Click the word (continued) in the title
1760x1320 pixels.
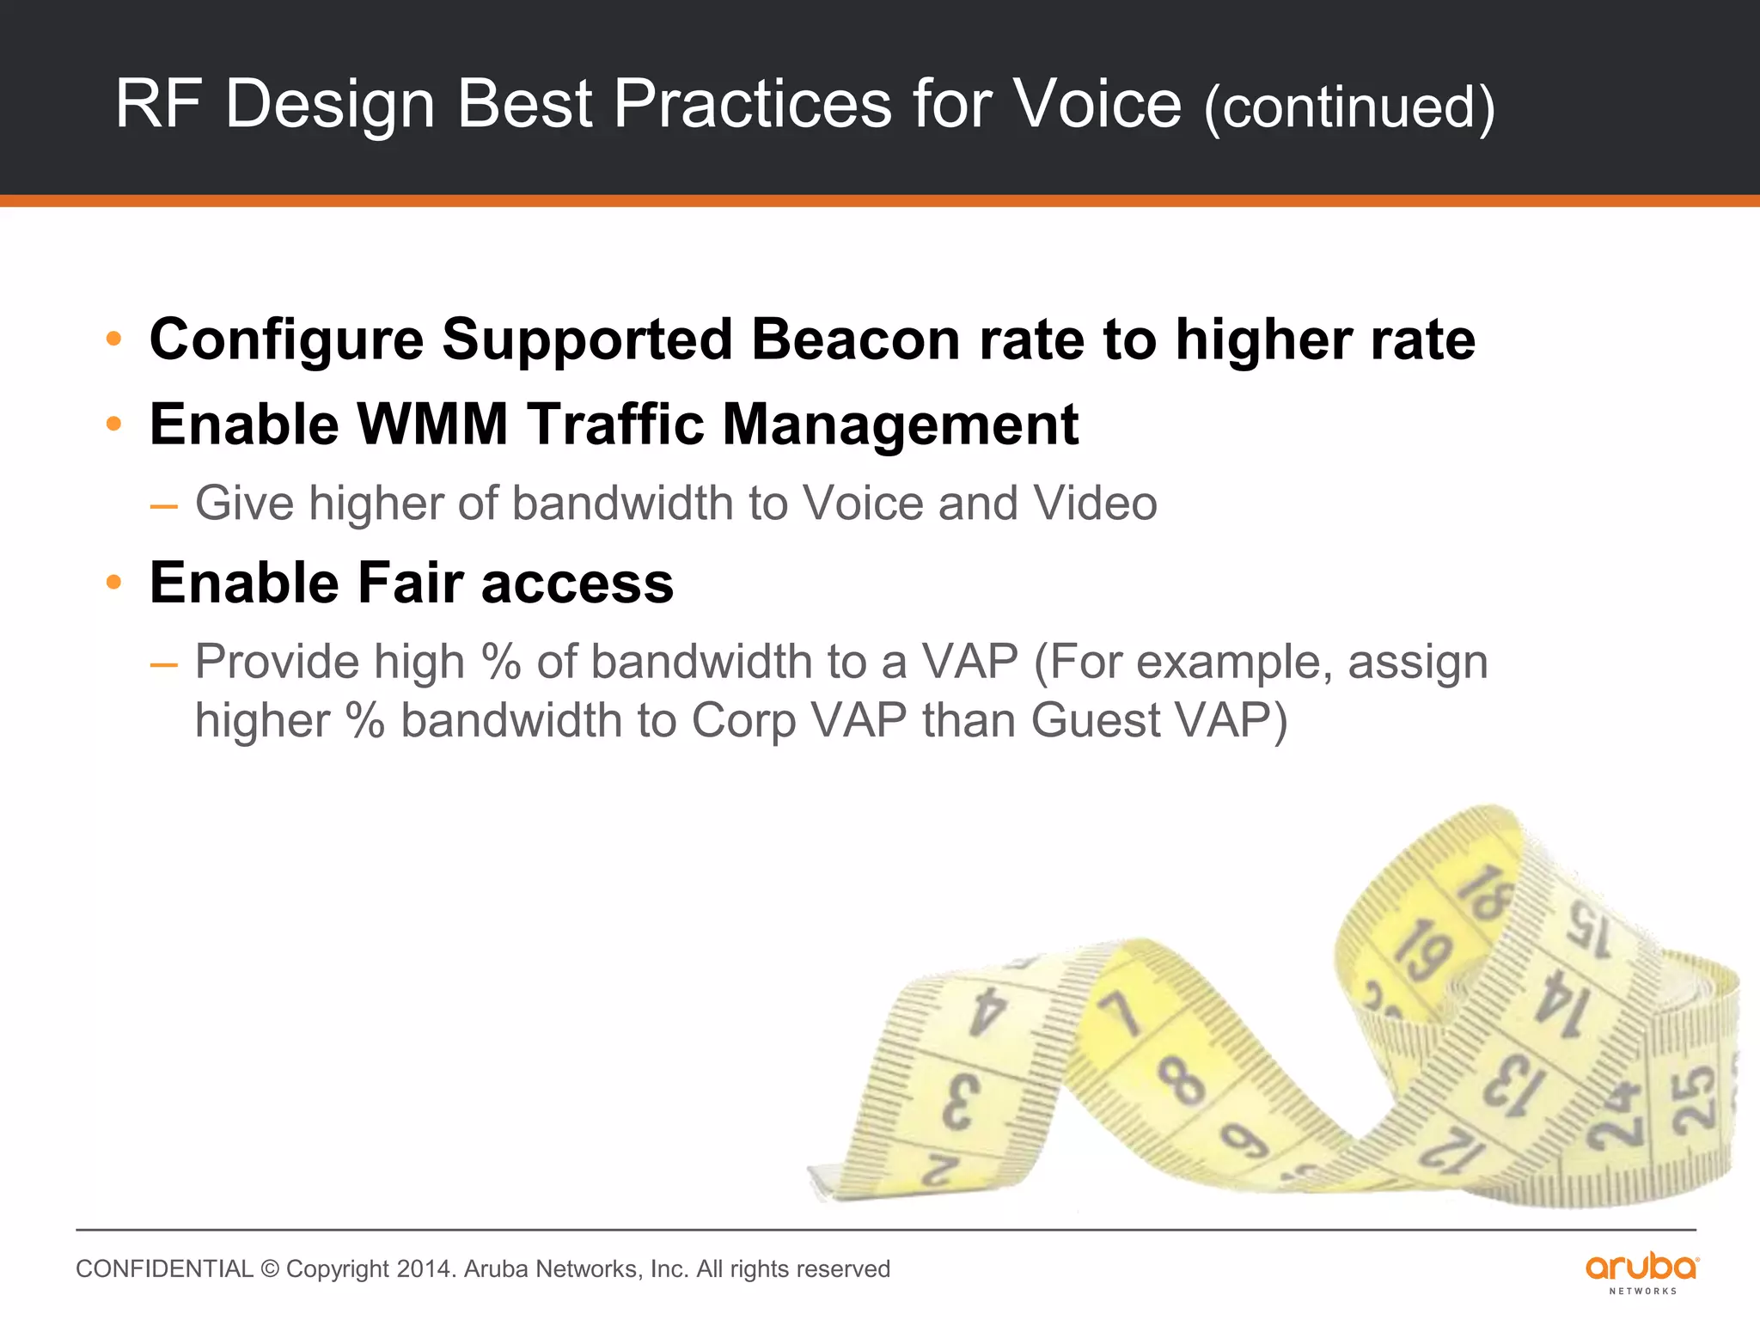pos(1349,107)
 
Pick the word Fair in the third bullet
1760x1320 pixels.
pos(408,583)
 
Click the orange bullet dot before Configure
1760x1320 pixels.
pos(113,339)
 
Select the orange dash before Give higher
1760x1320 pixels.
pos(163,505)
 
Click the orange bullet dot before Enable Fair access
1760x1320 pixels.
pos(113,583)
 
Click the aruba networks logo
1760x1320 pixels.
pos(1641,1273)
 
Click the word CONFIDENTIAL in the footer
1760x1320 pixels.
pos(164,1269)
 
